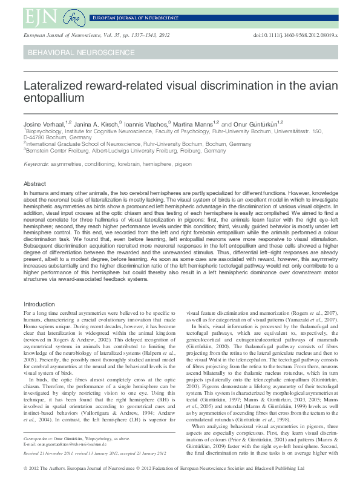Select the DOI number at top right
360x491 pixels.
tap(296, 36)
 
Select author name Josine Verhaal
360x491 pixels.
tap(42, 124)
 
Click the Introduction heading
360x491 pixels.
tap(39, 304)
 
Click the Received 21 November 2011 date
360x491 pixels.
tap(50, 452)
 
